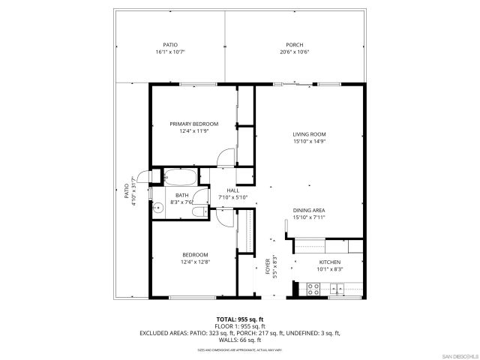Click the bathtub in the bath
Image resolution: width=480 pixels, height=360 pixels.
click(x=180, y=178)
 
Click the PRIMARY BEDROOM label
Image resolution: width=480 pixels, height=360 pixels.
click(x=193, y=124)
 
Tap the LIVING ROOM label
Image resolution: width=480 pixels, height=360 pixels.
click(x=309, y=134)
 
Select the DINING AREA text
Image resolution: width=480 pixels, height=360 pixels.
click(x=309, y=210)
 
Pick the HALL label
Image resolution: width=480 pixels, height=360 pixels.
click(x=232, y=190)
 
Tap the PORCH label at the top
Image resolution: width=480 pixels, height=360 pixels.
click(x=295, y=45)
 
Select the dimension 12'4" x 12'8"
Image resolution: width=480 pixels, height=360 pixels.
click(x=193, y=262)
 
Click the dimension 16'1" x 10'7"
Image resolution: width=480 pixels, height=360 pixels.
click(x=170, y=52)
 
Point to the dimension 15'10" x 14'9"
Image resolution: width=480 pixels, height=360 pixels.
click(x=309, y=142)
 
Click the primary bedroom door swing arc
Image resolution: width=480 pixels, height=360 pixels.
click(x=222, y=156)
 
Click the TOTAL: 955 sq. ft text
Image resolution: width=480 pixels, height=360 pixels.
click(x=237, y=319)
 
